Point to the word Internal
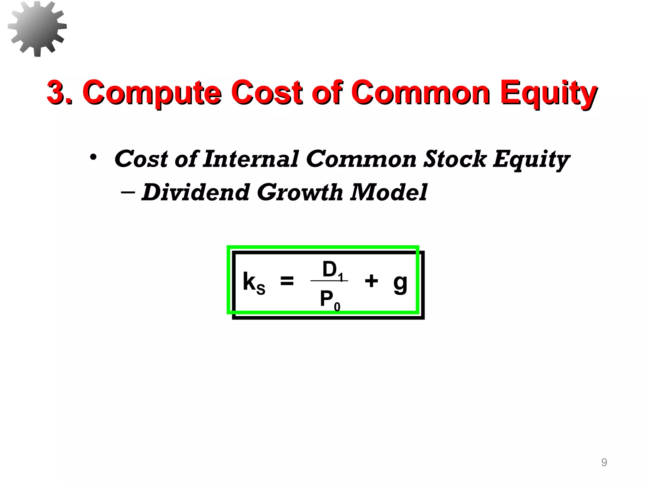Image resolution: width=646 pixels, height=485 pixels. click(250, 159)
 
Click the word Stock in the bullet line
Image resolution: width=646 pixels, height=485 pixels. click(455, 159)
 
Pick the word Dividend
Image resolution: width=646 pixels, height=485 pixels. click(196, 192)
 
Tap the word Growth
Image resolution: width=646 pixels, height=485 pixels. click(300, 192)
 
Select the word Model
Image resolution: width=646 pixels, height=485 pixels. click(389, 192)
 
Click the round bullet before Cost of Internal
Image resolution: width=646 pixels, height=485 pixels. click(93, 157)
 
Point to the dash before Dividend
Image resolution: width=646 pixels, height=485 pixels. click(128, 192)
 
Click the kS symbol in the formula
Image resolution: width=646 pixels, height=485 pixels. click(254, 283)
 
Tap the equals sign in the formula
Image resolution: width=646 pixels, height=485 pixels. click(287, 280)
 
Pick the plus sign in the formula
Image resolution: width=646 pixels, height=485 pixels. click(371, 280)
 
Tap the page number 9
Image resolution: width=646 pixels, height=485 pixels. click(604, 462)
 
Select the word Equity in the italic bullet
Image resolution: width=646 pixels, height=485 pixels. click(531, 159)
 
